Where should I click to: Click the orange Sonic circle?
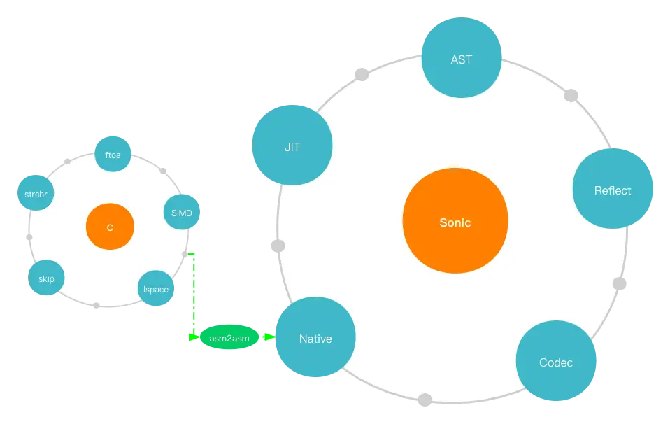455,222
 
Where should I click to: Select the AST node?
462,59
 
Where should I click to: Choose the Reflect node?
613,190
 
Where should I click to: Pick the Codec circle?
556,362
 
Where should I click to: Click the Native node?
315,339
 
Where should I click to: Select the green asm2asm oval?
229,337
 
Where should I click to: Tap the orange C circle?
110,227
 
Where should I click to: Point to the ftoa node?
113,155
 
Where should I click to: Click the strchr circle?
35,194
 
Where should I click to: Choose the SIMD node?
181,213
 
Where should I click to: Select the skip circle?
46,278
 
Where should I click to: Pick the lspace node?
155,289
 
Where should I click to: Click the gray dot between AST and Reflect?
571,94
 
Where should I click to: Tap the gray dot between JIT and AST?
362,74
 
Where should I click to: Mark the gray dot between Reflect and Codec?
619,283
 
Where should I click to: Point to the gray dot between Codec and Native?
425,400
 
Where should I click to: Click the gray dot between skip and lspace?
96,306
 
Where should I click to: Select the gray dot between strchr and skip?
27,236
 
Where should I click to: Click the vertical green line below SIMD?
192,294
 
